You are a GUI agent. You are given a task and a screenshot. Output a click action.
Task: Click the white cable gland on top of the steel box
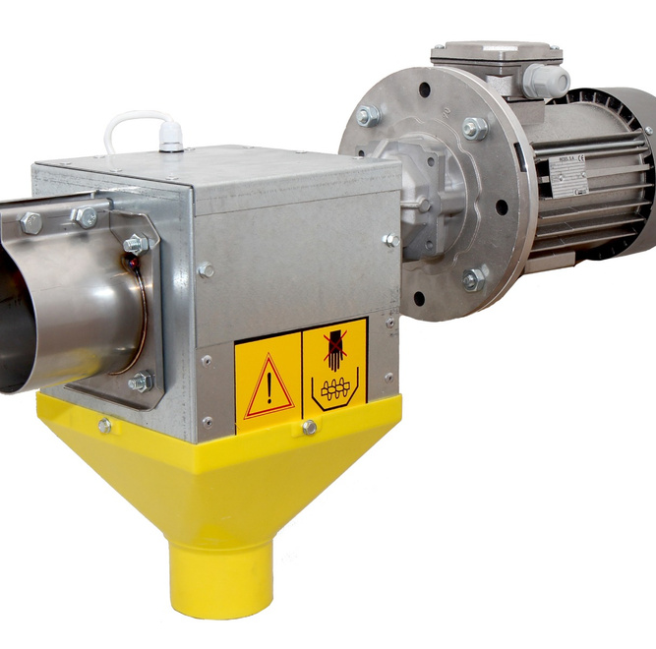coord(172,139)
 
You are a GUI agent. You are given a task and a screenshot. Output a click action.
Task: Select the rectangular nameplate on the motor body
coord(567,174)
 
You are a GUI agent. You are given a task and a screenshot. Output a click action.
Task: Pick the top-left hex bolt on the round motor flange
coord(369,115)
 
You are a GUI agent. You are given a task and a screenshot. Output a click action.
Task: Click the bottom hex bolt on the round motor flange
coord(473,279)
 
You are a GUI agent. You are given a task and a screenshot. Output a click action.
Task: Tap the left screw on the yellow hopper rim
coord(104,425)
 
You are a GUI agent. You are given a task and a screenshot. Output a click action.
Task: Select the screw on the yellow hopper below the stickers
coord(309,427)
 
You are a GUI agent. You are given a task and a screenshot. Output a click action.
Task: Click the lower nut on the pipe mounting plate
coord(140,381)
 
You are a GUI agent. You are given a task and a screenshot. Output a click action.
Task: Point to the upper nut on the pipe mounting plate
coord(134,243)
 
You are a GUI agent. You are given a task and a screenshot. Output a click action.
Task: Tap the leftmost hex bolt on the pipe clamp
coord(30,223)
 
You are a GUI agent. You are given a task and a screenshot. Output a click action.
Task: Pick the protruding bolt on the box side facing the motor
coord(391,239)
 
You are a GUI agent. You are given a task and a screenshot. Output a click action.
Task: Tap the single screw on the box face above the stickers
coord(206,268)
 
